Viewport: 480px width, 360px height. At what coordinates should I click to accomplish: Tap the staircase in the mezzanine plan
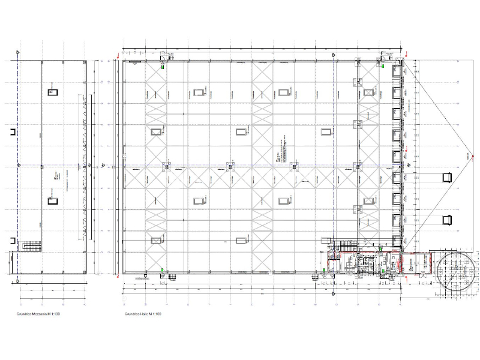click(x=28, y=245)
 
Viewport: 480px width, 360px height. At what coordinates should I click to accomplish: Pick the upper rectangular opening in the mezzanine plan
click(x=53, y=91)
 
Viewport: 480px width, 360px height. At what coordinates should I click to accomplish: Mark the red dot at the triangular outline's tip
click(x=468, y=155)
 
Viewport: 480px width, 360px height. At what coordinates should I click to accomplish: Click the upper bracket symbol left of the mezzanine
click(x=11, y=132)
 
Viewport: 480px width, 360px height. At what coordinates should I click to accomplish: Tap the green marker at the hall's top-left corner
click(x=164, y=68)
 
